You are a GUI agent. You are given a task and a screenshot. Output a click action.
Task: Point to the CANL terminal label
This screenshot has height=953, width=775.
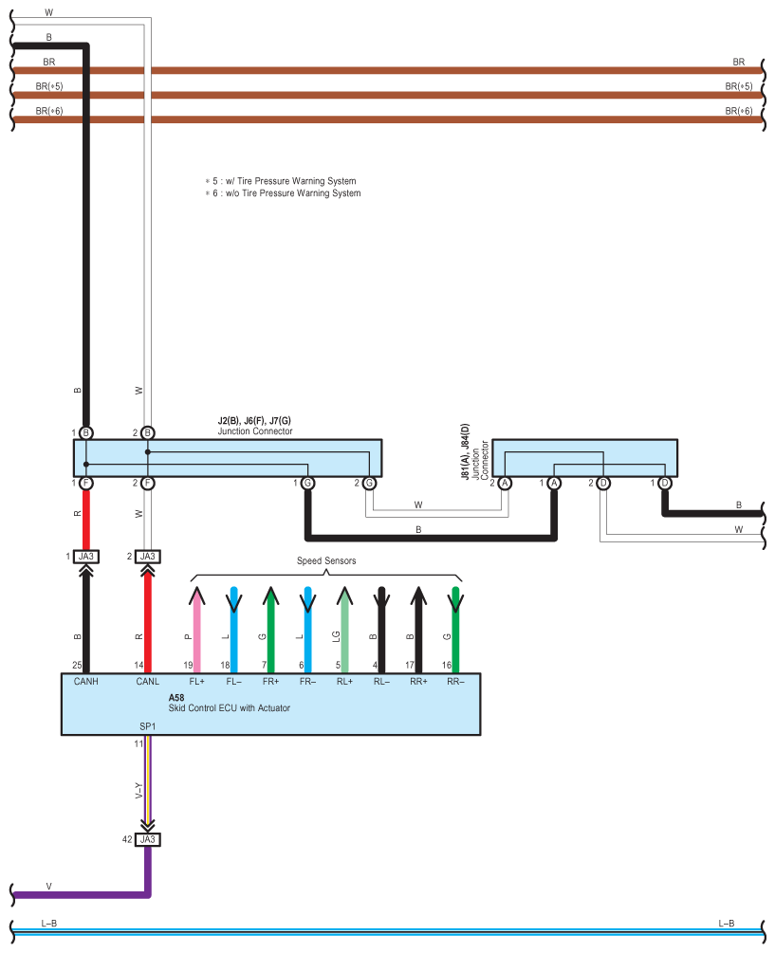point(148,681)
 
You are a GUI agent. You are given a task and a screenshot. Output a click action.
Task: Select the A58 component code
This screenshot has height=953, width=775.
point(176,697)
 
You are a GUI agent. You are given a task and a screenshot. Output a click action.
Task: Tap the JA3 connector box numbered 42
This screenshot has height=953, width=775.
point(147,839)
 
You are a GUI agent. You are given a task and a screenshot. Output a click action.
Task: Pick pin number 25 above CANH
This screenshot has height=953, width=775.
point(77,666)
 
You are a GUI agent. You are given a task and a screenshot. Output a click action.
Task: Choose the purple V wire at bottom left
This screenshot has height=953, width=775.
point(76,894)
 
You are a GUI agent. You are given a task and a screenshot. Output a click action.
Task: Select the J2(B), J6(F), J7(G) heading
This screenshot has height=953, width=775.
point(254,420)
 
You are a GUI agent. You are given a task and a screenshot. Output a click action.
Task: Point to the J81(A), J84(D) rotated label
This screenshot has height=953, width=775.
point(465,460)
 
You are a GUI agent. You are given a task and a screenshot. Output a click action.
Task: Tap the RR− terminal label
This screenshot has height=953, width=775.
point(455,681)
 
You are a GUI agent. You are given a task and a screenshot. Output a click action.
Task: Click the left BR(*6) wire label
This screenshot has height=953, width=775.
point(48,111)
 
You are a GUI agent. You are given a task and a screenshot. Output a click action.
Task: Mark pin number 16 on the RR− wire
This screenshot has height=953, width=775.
point(446,666)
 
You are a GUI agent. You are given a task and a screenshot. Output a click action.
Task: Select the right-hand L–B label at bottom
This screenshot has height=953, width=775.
point(726,923)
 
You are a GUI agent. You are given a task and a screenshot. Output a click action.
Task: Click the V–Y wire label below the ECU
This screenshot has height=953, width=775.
point(139,789)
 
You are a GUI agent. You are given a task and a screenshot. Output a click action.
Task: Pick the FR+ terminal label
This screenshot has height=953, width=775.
point(270,681)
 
